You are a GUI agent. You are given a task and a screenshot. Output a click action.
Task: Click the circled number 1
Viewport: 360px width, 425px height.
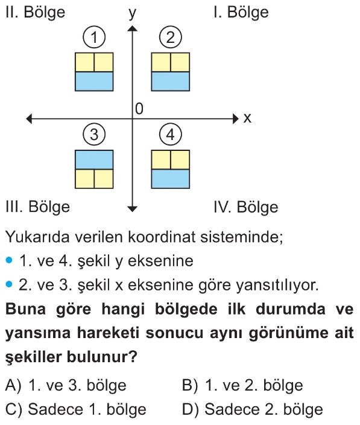[x=94, y=37]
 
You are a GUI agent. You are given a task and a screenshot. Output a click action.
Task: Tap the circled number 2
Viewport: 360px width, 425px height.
[x=170, y=37]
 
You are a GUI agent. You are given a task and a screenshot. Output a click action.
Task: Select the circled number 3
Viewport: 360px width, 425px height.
[x=94, y=135]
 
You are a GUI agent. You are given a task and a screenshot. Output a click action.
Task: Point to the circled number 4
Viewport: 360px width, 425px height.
[x=170, y=135]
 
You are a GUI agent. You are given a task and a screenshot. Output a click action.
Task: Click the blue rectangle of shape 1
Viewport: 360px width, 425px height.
[x=94, y=81]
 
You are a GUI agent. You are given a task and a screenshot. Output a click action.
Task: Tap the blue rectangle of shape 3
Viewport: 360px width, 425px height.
[x=94, y=160]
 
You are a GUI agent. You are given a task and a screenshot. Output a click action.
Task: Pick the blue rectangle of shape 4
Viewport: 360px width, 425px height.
[x=171, y=179]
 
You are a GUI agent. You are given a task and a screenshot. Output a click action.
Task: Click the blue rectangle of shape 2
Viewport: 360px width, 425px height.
[x=171, y=81]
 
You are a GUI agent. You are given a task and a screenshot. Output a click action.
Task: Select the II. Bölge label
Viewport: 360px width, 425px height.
[x=35, y=13]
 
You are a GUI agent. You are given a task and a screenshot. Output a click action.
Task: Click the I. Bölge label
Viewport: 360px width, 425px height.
[x=241, y=13]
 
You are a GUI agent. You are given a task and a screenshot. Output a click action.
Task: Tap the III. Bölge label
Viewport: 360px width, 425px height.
[x=37, y=207]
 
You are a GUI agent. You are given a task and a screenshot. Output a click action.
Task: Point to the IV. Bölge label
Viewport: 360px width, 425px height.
[x=246, y=207]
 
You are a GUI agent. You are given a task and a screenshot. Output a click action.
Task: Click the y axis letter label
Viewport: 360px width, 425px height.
[x=132, y=13]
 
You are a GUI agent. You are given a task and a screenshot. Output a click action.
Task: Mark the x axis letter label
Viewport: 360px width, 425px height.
[x=247, y=118]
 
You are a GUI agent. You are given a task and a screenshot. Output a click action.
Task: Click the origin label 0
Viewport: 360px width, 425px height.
[x=139, y=109]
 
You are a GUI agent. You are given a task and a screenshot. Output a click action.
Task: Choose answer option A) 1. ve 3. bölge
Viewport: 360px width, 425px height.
[x=66, y=385]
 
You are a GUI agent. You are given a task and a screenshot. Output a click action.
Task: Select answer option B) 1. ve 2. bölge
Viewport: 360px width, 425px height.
[x=242, y=385]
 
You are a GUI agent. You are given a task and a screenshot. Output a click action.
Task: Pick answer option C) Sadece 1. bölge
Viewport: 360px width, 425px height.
[x=76, y=409]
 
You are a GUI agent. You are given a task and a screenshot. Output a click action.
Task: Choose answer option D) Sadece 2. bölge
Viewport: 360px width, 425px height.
[x=253, y=409]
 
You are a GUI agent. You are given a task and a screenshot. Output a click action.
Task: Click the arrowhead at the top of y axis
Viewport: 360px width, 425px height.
[x=132, y=28]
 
